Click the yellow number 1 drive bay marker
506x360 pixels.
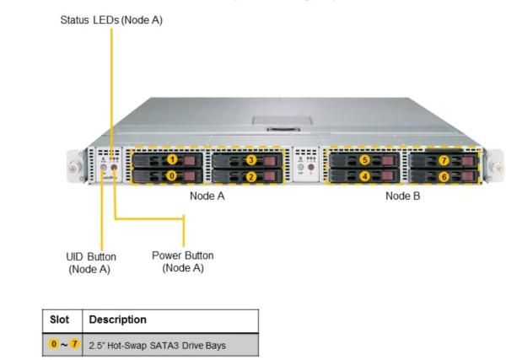[x=173, y=159]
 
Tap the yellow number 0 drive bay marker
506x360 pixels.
[x=172, y=175]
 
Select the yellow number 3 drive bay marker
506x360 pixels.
[x=251, y=159]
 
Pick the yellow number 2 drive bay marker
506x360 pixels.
[x=251, y=176]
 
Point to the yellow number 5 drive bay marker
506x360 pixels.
[x=364, y=159]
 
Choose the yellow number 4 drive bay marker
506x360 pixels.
[x=364, y=176]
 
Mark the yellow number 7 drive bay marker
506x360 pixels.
[x=444, y=160]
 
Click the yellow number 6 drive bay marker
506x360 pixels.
[x=444, y=176]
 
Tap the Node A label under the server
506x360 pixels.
[x=207, y=196]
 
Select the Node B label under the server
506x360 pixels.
[x=403, y=196]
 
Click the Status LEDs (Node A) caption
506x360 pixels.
[x=111, y=20]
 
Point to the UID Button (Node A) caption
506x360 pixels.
[x=91, y=263]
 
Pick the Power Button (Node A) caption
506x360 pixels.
[x=183, y=261]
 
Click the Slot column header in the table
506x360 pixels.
[x=59, y=320]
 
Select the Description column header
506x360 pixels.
[x=118, y=320]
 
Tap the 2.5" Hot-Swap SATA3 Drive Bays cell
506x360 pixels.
[x=157, y=346]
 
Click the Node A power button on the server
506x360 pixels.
[x=114, y=167]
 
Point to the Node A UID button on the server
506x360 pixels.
[x=104, y=167]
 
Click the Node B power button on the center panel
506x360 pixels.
[x=310, y=167]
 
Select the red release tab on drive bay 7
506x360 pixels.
[x=466, y=161]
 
